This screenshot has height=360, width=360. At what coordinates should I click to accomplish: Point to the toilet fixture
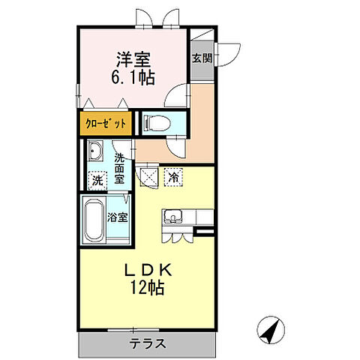[x=152, y=122]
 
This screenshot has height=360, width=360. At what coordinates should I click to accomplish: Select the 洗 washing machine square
[x=97, y=180]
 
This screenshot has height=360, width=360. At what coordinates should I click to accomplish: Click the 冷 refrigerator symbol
[x=173, y=178]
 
